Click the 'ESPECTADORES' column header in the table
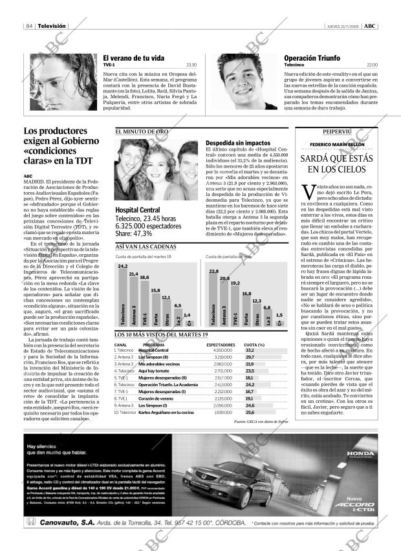(x=220, y=345)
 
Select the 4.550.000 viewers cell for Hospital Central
(x=222, y=350)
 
